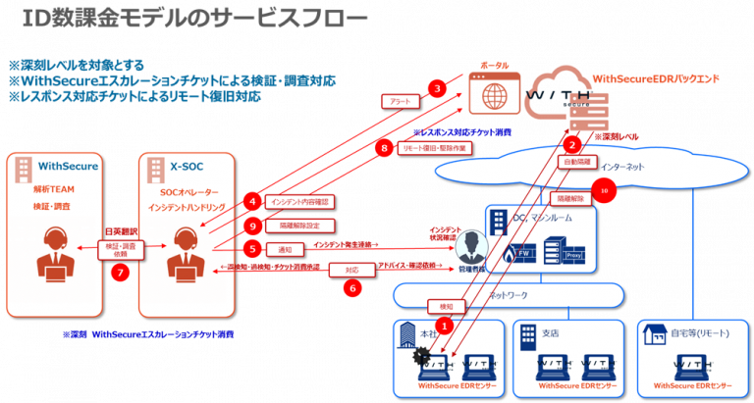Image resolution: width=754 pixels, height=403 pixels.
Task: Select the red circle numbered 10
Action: coord(604,190)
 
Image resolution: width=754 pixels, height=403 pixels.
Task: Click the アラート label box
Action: coord(400,102)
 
